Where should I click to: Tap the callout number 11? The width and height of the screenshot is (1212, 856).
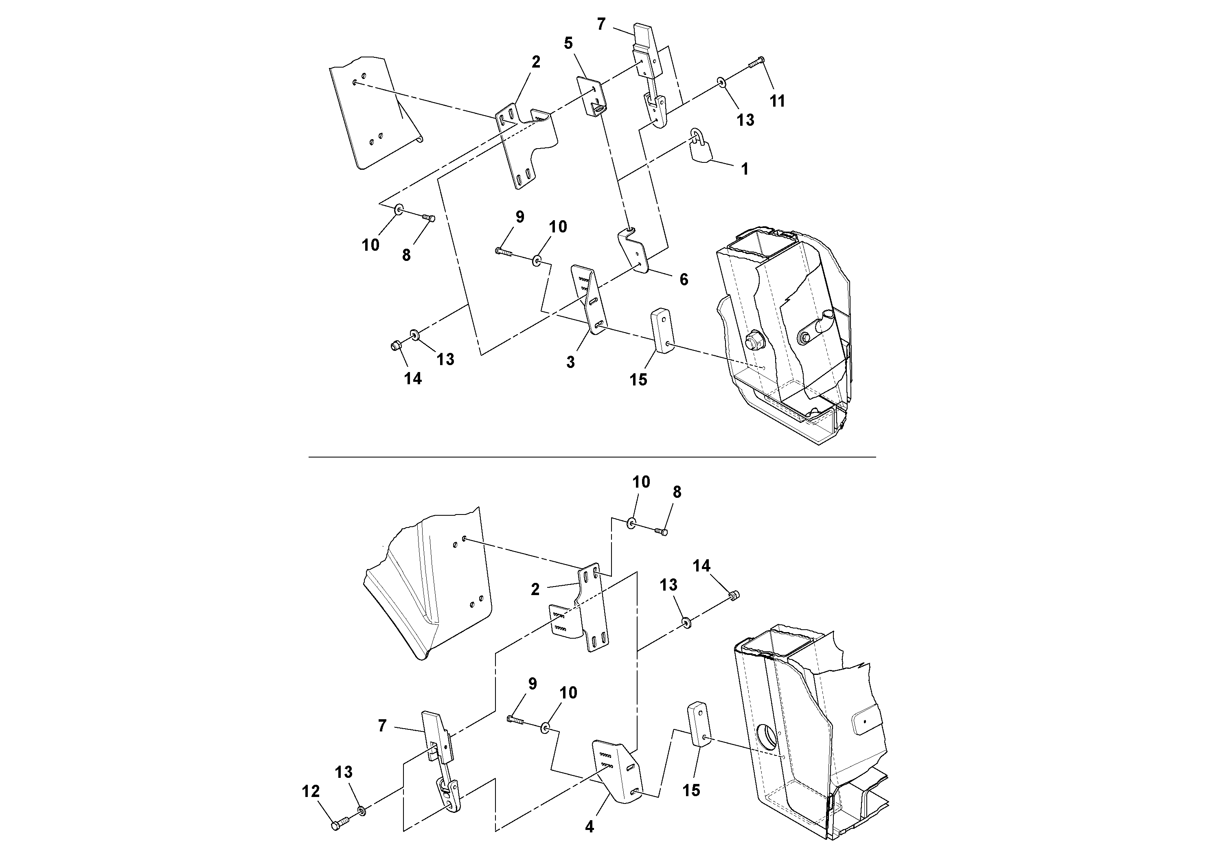pos(777,101)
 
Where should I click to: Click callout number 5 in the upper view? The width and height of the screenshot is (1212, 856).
pos(568,43)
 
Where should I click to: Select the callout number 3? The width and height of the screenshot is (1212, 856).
pos(571,362)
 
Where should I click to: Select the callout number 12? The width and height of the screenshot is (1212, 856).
pos(311,792)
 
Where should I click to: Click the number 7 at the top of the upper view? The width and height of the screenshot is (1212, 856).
pos(601,24)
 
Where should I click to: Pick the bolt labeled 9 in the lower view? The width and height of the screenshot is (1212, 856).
pos(516,720)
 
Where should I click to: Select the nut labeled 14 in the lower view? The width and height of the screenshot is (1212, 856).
pos(733,596)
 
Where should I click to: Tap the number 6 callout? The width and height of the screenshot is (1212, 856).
pos(684,279)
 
